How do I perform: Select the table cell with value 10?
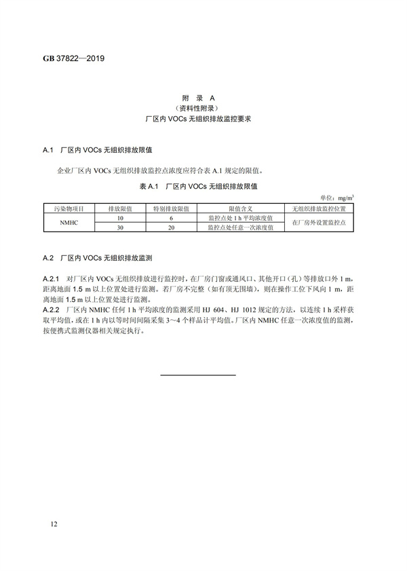[121, 218]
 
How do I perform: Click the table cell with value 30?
[121, 228]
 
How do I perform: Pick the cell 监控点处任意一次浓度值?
[241, 228]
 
